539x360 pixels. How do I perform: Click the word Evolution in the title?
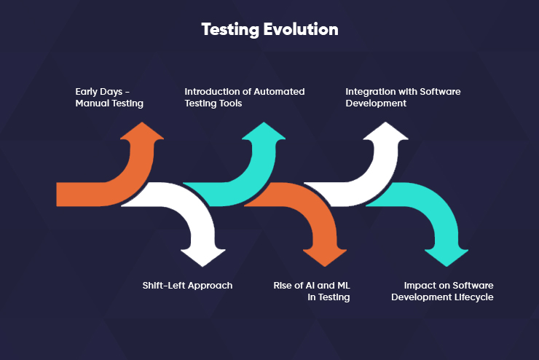tap(301, 29)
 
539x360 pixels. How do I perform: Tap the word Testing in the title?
tap(230, 30)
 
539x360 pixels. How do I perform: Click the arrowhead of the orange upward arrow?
tap(142, 130)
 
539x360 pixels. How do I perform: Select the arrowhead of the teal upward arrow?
tap(264, 130)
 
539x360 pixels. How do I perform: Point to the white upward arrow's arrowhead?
tap(386, 130)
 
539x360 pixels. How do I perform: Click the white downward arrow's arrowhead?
tap(202, 258)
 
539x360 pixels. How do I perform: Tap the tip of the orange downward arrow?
tap(325, 267)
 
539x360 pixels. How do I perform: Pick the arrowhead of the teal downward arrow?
tap(446, 258)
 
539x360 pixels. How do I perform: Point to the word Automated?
tap(279, 92)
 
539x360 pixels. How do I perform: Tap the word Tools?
tap(232, 103)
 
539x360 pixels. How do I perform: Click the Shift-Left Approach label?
tap(187, 286)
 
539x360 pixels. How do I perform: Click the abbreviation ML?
tap(344, 286)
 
